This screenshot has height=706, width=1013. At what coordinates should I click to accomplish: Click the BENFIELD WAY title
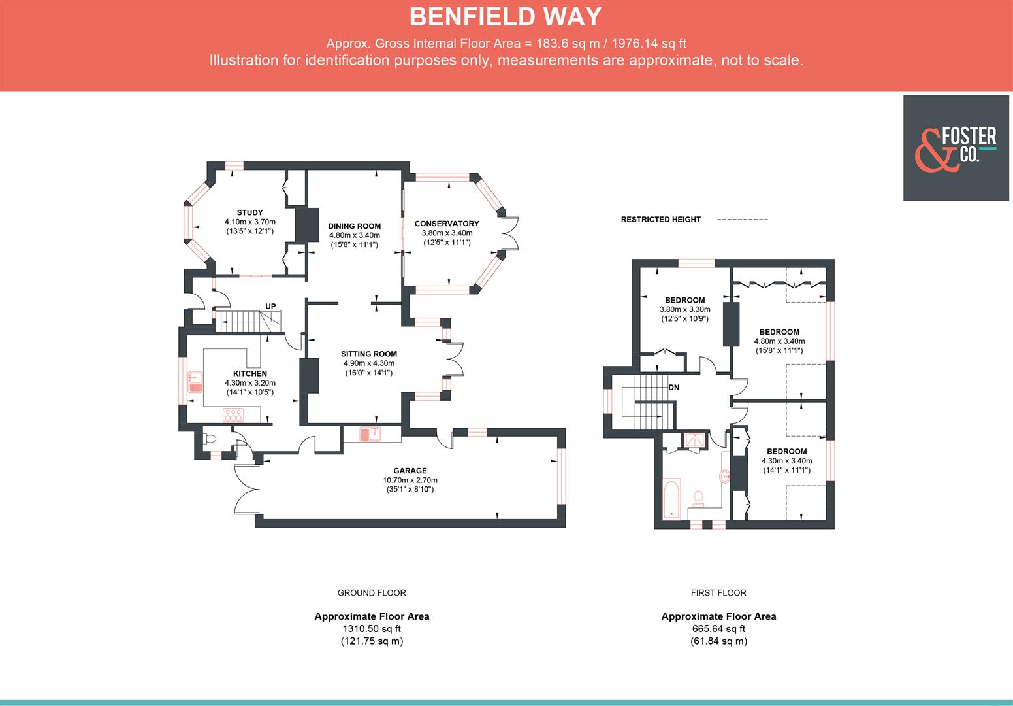pos(506,17)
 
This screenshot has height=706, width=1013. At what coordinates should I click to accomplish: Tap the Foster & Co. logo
pos(956,148)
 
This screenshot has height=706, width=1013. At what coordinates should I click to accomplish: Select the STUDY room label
pos(249,212)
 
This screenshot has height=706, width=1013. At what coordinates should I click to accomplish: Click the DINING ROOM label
pos(354,226)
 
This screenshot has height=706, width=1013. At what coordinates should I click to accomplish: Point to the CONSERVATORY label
pos(447,224)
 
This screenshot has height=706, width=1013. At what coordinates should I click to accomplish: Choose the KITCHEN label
pos(250,373)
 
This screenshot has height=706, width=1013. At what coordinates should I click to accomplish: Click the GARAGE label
pos(410,471)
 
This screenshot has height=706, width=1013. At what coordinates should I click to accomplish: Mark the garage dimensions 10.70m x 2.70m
pos(410,480)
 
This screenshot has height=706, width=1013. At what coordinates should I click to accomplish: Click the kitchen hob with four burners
pos(233,414)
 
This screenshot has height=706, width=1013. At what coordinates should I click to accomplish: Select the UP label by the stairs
pos(270,306)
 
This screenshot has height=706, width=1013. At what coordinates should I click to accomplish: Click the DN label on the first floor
pos(673,387)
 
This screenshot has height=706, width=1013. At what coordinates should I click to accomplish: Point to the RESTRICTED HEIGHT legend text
pos(660,220)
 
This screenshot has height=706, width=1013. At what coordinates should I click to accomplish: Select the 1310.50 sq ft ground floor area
pos(372,629)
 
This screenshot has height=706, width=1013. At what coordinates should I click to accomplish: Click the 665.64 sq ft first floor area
pos(718,629)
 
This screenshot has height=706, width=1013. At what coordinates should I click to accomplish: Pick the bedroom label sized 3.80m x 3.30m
pos(684,300)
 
